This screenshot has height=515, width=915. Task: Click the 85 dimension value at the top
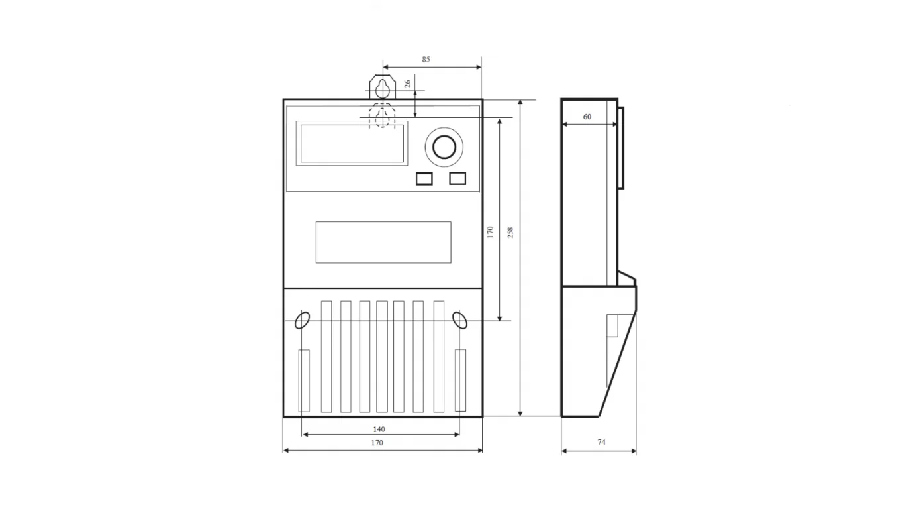click(426, 60)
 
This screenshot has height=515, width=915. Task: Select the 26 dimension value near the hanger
click(408, 84)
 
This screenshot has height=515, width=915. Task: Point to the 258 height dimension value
click(510, 233)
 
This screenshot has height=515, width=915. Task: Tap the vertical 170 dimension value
click(491, 233)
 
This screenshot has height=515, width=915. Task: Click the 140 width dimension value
click(379, 429)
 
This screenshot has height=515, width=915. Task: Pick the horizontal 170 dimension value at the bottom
click(377, 443)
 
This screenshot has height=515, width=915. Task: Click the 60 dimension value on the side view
click(587, 117)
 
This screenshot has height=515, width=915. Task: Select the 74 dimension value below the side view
click(601, 442)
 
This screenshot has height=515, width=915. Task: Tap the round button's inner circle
click(444, 146)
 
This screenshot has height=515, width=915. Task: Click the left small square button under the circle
click(424, 178)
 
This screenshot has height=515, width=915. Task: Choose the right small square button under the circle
click(457, 178)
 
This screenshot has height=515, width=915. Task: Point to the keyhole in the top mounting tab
click(382, 88)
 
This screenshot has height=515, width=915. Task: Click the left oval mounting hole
click(302, 320)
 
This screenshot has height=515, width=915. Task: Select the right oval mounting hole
click(459, 320)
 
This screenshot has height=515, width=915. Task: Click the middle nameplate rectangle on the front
click(383, 242)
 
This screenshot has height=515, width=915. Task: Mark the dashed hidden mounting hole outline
click(382, 115)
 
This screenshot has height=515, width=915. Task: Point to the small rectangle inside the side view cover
click(612, 325)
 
